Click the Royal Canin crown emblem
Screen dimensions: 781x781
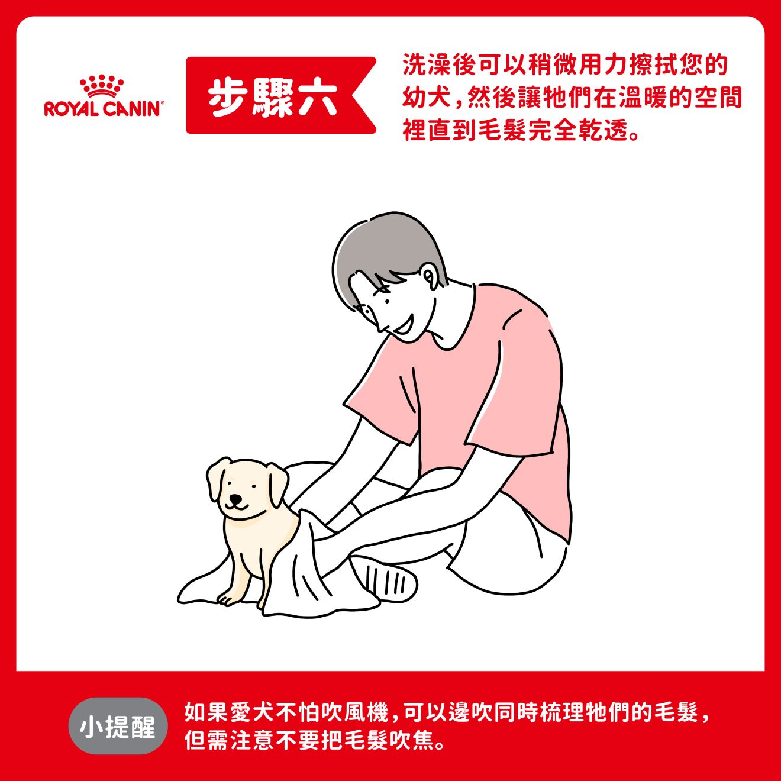(101, 86)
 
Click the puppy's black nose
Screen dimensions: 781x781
(235, 498)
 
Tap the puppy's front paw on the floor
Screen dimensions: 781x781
(227, 599)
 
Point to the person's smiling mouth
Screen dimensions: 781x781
(404, 325)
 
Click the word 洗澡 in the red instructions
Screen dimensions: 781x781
(427, 66)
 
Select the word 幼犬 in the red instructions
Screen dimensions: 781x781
(427, 98)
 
